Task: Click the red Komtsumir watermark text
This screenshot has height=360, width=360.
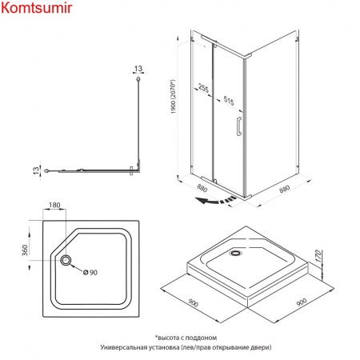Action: pos(37,8)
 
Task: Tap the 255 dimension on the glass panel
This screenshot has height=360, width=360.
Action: pos(203,88)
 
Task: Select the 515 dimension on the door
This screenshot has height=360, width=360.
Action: pos(229,101)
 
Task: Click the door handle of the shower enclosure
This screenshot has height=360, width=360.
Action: pos(239,126)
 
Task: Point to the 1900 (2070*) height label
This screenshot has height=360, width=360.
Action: pos(174,97)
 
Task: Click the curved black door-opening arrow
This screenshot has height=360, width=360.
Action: pos(215,200)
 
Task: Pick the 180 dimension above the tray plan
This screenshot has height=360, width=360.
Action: pos(54,205)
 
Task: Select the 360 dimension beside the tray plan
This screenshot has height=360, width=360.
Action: pos(25,250)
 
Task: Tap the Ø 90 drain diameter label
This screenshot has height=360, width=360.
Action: pos(90,272)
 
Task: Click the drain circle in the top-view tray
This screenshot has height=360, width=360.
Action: pos(66,260)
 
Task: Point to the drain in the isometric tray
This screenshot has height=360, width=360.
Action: pos(236,253)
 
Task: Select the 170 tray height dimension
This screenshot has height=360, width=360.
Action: pos(318,256)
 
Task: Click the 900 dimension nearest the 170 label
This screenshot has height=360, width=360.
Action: pos(302,302)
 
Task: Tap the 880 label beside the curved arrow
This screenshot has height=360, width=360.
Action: pos(202,188)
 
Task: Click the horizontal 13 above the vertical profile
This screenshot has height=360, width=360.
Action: pos(138,69)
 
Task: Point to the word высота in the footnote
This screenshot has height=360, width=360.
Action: pos(168,338)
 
